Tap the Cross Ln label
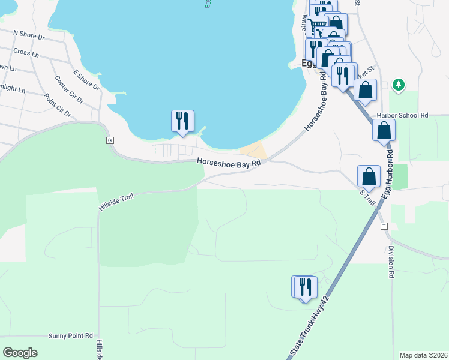tap(26, 53)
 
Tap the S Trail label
tap(367, 197)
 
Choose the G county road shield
tap(110, 140)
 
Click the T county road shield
tap(384, 226)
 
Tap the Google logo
tap(20, 353)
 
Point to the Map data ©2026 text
tap(423, 355)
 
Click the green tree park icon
tap(397, 84)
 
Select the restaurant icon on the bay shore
tap(182, 121)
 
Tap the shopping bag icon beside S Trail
tap(369, 176)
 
